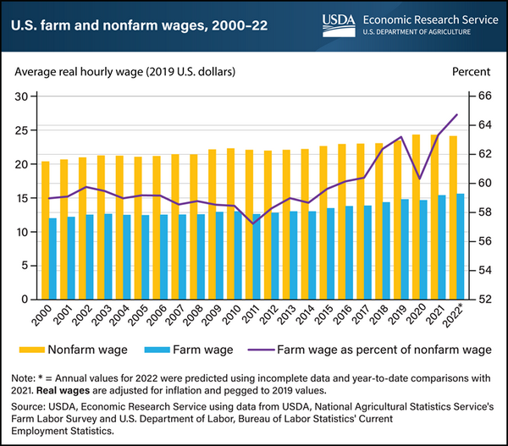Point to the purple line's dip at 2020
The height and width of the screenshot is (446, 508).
pyautogui.click(x=421, y=179)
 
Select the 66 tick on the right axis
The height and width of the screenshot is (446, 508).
pyautogui.click(x=481, y=96)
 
